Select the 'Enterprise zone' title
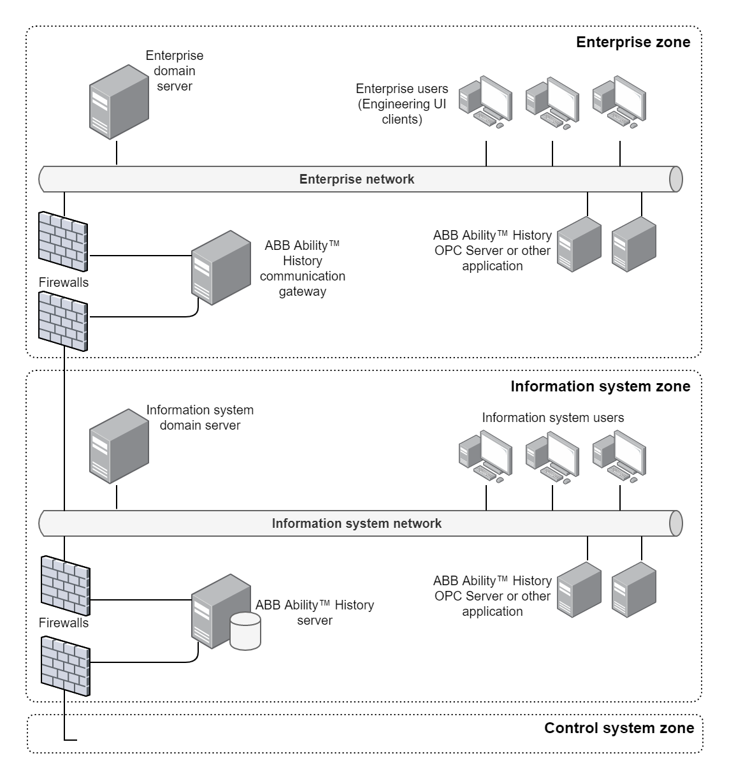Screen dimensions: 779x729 [633, 43]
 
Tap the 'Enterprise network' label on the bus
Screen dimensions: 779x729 [357, 179]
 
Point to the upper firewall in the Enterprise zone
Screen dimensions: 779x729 [63, 241]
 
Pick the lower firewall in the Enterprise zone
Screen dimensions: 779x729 [63, 320]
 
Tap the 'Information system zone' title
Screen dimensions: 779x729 [600, 387]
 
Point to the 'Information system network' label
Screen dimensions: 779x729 [357, 524]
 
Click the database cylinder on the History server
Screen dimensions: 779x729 [245, 630]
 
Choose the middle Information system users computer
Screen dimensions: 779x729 [552, 455]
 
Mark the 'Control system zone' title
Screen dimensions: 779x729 [619, 729]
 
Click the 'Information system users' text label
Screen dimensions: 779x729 [552, 418]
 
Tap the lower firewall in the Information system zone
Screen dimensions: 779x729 [65, 666]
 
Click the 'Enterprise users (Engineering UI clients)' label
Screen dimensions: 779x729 [401, 104]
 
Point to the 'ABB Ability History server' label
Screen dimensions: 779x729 [315, 613]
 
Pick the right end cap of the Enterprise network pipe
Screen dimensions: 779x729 [675, 179]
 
